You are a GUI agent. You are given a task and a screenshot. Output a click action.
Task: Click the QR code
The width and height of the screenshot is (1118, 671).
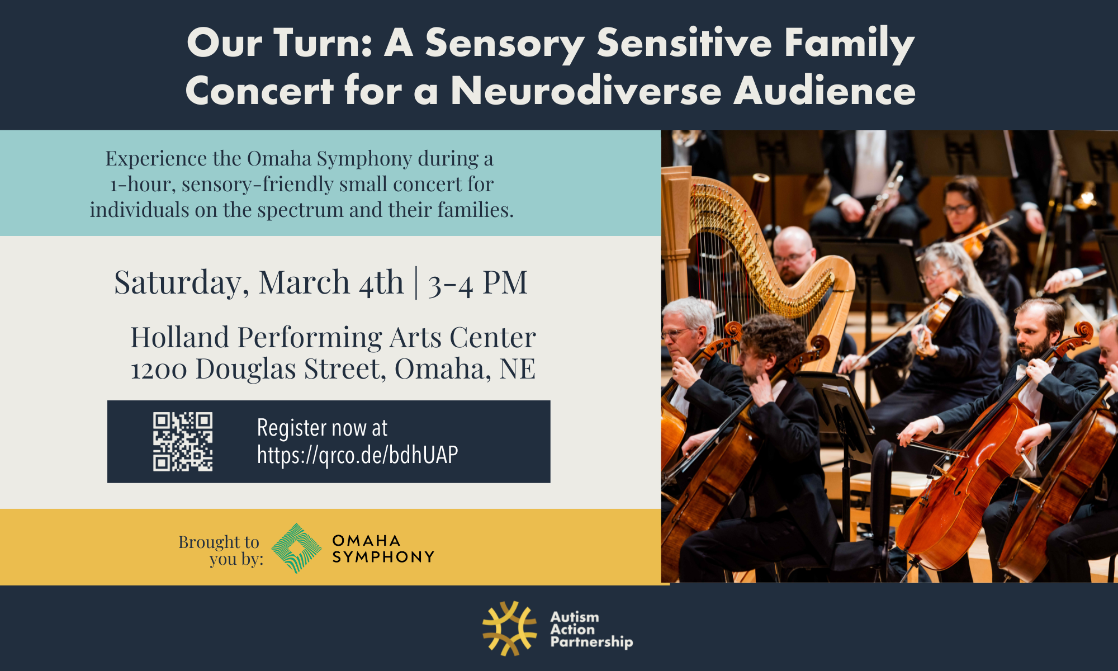pos(183,442)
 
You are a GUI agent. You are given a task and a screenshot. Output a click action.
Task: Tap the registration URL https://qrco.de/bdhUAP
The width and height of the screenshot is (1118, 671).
pos(357,455)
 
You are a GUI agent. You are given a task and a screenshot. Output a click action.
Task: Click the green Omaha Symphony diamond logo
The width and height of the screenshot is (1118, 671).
pos(296,548)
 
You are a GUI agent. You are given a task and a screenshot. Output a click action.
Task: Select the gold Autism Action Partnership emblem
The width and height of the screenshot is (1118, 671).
pos(509,628)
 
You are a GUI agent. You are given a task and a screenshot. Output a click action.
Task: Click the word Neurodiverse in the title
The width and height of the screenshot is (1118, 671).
pos(586,91)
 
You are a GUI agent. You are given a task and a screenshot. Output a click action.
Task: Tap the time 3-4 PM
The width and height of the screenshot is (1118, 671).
pos(477,283)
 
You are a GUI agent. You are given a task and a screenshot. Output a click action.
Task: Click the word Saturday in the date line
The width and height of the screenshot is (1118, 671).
pos(181,283)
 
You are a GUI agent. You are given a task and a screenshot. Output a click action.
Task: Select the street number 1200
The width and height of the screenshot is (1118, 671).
pos(159,370)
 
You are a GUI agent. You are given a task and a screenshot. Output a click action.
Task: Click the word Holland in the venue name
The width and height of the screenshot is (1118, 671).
pos(179,337)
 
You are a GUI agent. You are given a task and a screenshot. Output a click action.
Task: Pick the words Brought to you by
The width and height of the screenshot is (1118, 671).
pos(220,550)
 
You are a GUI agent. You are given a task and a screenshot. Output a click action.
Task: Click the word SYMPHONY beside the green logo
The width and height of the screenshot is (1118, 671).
pos(383,557)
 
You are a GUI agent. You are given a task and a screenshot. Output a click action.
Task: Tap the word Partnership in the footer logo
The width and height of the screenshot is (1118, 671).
pos(591,642)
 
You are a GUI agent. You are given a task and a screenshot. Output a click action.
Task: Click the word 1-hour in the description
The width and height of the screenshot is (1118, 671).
pos(142,185)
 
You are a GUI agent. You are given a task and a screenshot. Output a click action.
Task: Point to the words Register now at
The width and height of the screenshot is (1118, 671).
pos(322,428)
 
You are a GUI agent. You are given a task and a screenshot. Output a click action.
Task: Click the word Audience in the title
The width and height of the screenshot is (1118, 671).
pos(825,91)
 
